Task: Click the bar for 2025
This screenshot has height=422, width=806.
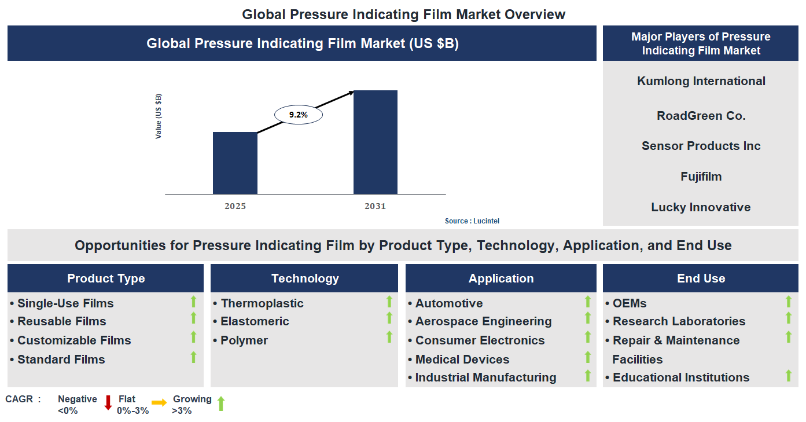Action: (x=235, y=163)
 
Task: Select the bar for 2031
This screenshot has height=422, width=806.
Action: (x=375, y=142)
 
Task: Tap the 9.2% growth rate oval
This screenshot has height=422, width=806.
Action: (x=298, y=115)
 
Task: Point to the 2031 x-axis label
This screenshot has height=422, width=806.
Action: (x=375, y=206)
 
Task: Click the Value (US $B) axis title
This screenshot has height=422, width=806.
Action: (x=159, y=116)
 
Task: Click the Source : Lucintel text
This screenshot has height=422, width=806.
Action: (x=472, y=221)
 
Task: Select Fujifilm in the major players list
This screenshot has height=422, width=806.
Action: (x=701, y=177)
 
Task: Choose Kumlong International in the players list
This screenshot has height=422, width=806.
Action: (x=701, y=81)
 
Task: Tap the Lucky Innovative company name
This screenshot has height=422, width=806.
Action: (x=701, y=207)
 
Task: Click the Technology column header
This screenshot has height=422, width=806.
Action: (x=304, y=278)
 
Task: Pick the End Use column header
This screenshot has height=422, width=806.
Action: (x=701, y=278)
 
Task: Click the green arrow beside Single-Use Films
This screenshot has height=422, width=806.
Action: (x=193, y=302)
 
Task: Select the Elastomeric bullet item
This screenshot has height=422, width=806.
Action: (x=254, y=321)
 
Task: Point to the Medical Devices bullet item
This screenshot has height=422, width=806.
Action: (x=462, y=359)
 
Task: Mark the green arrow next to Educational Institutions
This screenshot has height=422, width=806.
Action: (x=788, y=376)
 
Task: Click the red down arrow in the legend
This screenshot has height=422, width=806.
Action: (x=108, y=403)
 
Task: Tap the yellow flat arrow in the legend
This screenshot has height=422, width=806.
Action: (x=159, y=402)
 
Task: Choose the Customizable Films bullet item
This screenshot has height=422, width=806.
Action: (x=73, y=340)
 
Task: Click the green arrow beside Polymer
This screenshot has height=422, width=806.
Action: (x=389, y=337)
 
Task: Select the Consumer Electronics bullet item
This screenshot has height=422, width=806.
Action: (x=480, y=340)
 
